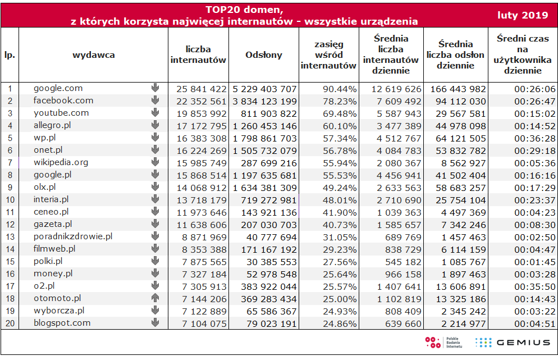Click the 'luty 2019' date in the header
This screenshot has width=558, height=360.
pos(523,15)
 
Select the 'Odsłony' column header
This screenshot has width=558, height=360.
pos(264,55)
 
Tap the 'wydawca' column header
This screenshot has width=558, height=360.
pos(94,55)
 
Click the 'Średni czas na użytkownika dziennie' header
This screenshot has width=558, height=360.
pos(523,54)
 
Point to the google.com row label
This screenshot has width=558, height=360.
pos(58,88)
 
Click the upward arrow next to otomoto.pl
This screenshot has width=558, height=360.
pos(155,298)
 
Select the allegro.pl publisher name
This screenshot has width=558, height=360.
pos(52,125)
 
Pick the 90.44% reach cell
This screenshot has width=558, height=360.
pos(340,89)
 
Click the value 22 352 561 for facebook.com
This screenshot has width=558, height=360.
pos(202,102)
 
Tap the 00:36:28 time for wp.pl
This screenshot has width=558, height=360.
pos(534,139)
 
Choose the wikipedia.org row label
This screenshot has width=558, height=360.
pos(61,162)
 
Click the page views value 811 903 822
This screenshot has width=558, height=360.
pos(269,114)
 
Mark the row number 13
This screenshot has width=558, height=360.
pos(10,237)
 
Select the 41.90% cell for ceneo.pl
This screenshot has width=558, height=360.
pos(340,213)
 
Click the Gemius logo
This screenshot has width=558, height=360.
pos(513,343)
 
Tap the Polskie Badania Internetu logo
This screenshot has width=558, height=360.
pos(444,343)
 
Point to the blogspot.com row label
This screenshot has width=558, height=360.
pos(62,323)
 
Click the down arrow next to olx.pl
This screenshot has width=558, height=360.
pos(155,186)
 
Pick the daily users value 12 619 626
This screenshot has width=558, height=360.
pos(396,89)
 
